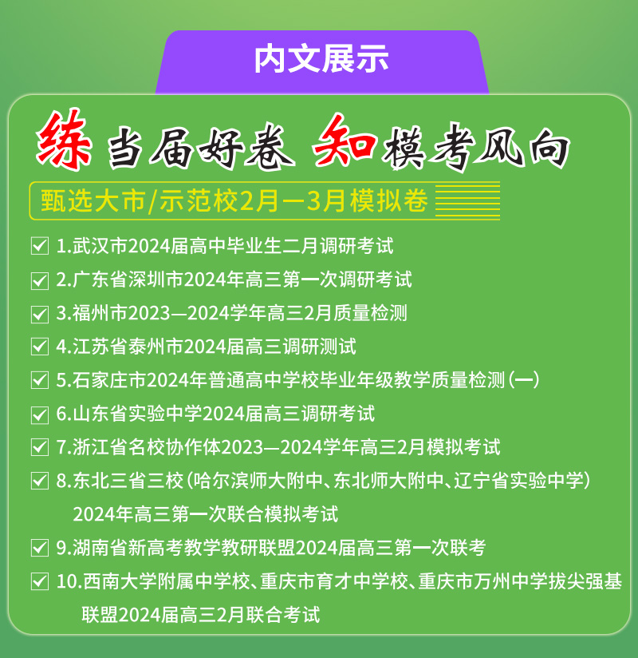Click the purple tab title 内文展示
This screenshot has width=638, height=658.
321,59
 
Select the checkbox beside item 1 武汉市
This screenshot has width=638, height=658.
40,246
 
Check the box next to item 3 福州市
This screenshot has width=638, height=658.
40,314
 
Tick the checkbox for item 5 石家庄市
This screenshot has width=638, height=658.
40,380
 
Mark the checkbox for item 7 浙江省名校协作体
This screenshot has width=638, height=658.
40,447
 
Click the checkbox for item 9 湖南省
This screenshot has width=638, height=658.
40,548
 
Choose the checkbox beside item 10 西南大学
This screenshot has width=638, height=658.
40,581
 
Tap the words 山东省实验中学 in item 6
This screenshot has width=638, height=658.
137,414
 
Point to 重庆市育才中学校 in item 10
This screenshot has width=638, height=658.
333,581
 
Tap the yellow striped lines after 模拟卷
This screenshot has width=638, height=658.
467,200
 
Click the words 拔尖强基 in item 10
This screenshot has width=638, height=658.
585,581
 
